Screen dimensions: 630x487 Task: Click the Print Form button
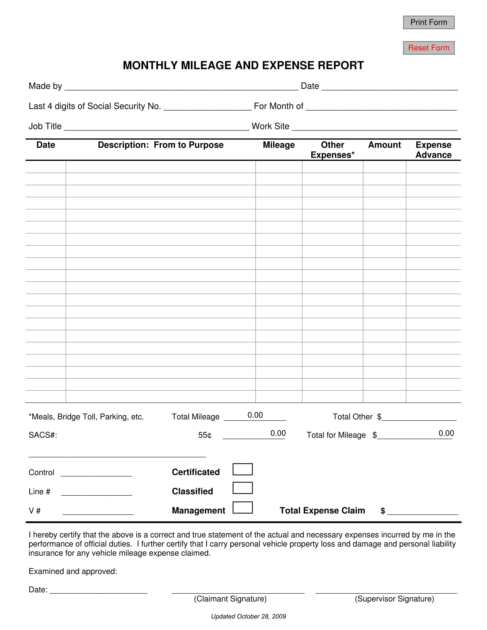coord(429,23)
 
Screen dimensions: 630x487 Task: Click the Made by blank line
coord(181,86)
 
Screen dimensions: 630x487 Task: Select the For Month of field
coord(381,107)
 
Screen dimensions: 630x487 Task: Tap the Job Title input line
coord(156,127)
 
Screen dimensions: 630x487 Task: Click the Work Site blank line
coord(374,127)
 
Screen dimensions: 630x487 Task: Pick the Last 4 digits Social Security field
coord(207,107)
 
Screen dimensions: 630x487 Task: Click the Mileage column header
coord(279,145)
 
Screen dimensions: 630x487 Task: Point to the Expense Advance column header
coord(433,150)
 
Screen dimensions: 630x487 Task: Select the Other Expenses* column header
coord(332,150)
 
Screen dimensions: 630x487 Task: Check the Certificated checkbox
coord(243,469)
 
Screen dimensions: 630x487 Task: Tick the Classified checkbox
coord(243,488)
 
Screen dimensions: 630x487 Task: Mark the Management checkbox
coord(243,508)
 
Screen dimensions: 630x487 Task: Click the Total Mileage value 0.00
coord(255,416)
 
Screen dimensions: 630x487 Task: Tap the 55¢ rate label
coord(205,435)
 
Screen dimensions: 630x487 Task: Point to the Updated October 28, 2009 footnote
coord(248,617)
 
